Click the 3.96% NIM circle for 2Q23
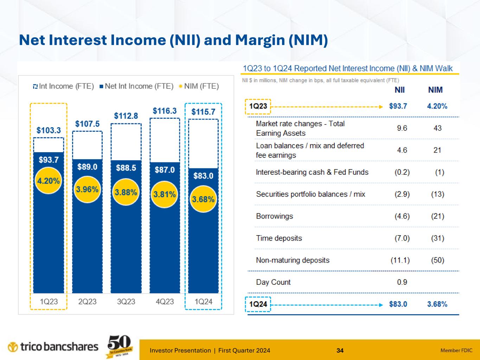point(87,189)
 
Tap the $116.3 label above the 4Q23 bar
point(165,111)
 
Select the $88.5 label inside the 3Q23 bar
point(126,168)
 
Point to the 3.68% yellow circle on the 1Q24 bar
point(203,199)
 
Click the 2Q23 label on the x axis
point(87,302)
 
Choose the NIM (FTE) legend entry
point(199,86)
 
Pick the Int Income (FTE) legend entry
point(63,86)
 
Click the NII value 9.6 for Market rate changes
point(402,128)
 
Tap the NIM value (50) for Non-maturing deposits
point(437,260)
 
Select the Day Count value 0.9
point(402,282)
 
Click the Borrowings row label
point(274,216)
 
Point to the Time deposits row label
point(279,238)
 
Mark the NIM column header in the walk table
point(435,90)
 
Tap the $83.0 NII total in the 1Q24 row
point(398,304)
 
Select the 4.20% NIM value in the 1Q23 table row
point(437,106)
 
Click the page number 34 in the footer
point(340,351)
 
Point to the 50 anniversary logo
point(120,346)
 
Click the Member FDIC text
point(456,351)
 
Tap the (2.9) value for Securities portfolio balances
point(402,194)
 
